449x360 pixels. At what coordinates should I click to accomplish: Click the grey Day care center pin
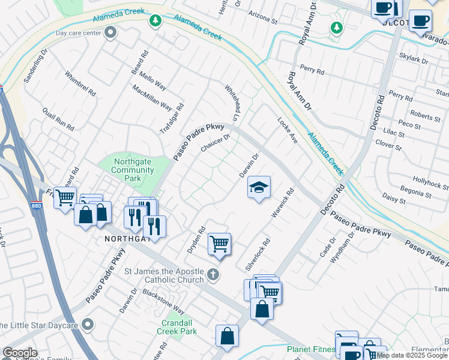(110, 34)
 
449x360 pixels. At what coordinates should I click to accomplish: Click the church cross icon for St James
(212, 275)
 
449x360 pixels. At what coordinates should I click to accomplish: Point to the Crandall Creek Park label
(177, 327)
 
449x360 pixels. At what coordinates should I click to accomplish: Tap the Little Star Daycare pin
(88, 325)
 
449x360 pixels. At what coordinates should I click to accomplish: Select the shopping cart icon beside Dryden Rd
(220, 244)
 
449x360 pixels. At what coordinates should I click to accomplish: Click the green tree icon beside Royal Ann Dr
(337, 27)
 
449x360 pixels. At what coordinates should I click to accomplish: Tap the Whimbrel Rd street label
(80, 84)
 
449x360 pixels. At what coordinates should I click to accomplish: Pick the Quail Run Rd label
(58, 119)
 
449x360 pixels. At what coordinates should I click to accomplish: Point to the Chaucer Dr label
(215, 143)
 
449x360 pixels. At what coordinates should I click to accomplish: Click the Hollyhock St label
(430, 183)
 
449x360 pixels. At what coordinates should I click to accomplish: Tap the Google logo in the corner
(20, 353)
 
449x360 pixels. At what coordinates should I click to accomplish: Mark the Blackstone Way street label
(163, 301)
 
